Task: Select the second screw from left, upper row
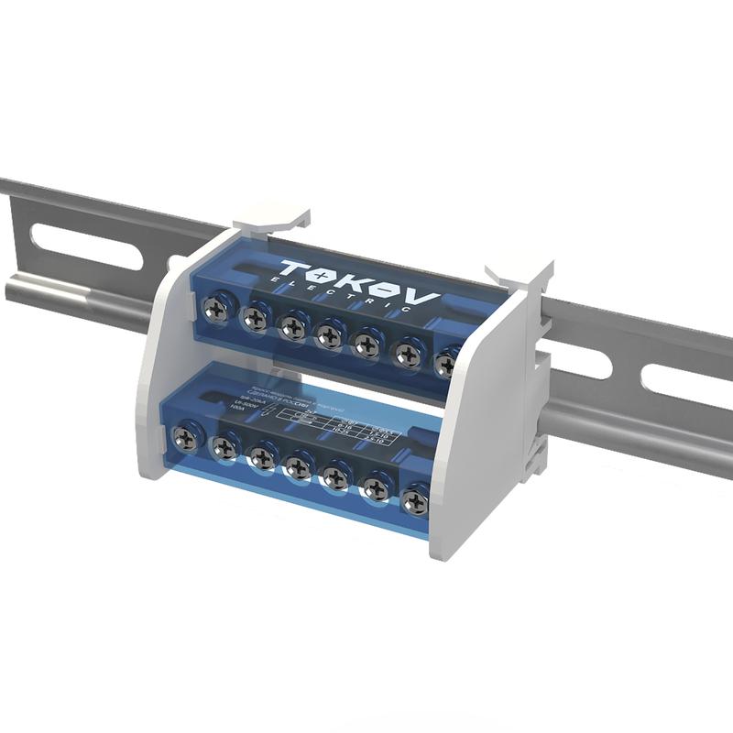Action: [255, 318]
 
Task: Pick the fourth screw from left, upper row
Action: [328, 335]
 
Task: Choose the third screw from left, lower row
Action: [262, 455]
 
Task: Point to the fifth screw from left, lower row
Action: [336, 476]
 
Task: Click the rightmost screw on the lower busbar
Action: [415, 500]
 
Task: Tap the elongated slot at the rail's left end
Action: [86, 247]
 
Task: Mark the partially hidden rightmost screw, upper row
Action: [446, 363]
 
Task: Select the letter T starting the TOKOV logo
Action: [294, 269]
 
